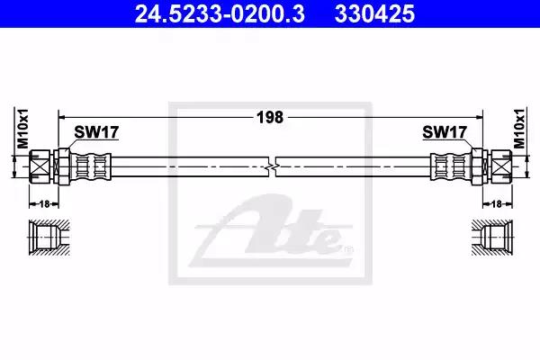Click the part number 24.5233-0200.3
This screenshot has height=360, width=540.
(x=220, y=14)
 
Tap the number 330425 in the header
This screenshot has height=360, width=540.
(x=374, y=14)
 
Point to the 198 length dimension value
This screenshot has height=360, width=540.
(x=270, y=118)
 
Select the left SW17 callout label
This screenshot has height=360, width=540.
(x=97, y=132)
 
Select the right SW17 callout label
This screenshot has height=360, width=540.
(x=445, y=132)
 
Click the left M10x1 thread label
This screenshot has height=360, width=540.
(x=23, y=129)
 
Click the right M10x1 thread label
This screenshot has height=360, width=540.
(x=519, y=129)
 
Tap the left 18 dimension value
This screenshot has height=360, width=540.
(x=44, y=204)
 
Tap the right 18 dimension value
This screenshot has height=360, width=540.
(x=497, y=204)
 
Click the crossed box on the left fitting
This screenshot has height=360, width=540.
(x=40, y=166)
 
